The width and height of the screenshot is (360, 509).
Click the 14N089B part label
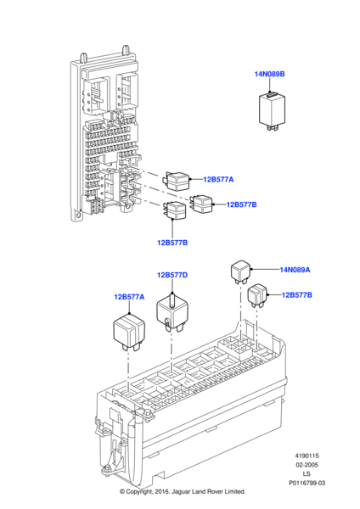(x=269, y=74)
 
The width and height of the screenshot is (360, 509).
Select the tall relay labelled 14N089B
(x=272, y=111)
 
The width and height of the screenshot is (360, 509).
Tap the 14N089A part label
(x=295, y=270)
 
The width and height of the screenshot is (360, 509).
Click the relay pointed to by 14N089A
(x=240, y=271)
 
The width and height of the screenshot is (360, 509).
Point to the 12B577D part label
(x=172, y=275)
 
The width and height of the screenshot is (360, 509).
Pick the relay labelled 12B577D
(x=172, y=312)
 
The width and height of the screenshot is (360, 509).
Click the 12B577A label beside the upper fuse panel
(x=218, y=180)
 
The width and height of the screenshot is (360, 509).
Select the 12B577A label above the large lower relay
(x=129, y=297)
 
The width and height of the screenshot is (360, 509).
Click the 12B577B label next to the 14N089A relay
(x=296, y=295)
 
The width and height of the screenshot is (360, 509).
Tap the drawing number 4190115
(x=307, y=456)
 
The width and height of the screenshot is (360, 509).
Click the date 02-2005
(x=307, y=465)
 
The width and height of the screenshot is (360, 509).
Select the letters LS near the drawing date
(x=307, y=474)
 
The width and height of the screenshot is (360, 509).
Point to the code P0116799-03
(x=307, y=483)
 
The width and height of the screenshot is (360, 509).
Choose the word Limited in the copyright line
(x=234, y=492)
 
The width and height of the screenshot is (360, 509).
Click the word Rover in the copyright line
(x=213, y=492)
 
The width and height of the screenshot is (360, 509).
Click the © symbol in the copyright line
(x=122, y=492)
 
